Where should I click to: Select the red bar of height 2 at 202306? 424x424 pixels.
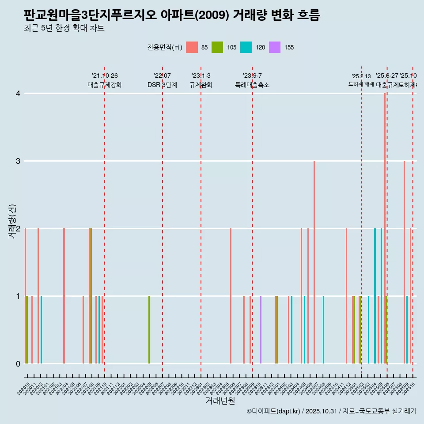tap(231, 296)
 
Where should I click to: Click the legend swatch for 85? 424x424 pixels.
tap(192, 47)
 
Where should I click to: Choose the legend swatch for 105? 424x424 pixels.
tap(217, 47)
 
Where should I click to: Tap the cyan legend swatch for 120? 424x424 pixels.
tap(246, 47)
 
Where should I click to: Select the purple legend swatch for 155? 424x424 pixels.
tap(275, 47)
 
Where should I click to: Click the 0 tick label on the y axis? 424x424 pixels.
tap(18, 364)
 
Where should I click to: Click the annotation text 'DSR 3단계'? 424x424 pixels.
tap(162, 85)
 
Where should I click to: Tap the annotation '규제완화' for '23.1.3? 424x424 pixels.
tap(201, 85)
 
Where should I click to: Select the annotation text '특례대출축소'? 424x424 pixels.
tap(252, 85)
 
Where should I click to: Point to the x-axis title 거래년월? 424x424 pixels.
tap(220, 401)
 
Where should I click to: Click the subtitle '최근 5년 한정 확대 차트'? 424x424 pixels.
tap(64, 28)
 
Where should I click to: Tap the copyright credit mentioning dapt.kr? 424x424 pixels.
tap(331, 412)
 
